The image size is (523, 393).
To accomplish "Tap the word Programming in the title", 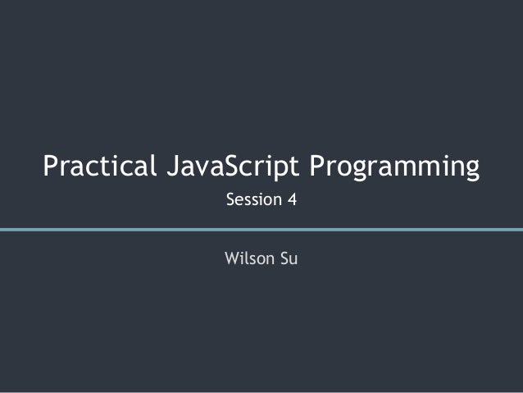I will pyautogui.click(x=394, y=167).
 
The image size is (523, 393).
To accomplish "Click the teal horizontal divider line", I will pyautogui.click(x=261, y=229).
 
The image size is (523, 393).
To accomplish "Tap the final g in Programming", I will pyautogui.click(x=470, y=170).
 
